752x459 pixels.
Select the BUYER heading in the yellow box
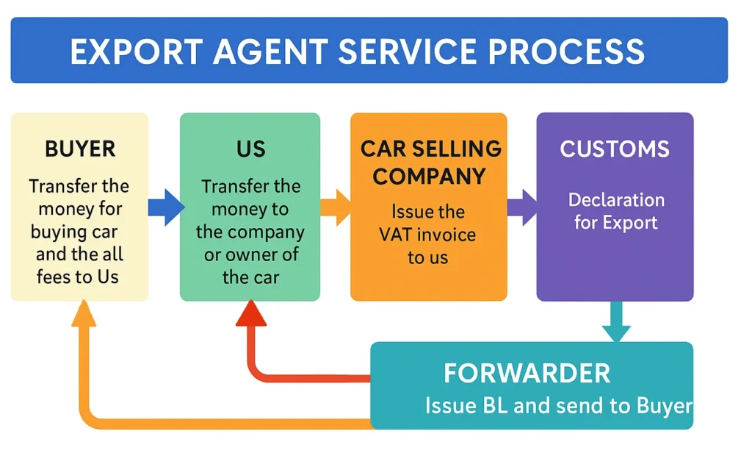(x=80, y=149)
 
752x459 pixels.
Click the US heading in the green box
(x=250, y=149)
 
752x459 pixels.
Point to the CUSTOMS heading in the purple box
(x=615, y=149)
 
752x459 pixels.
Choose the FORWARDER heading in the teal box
(x=527, y=373)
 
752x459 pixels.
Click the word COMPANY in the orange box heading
(x=429, y=177)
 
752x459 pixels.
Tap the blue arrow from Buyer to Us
(x=166, y=207)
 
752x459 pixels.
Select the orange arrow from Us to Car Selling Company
(x=336, y=207)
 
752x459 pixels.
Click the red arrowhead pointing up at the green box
(x=250, y=314)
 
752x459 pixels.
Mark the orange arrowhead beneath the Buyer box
(x=84, y=314)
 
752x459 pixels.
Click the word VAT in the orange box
(x=399, y=235)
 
